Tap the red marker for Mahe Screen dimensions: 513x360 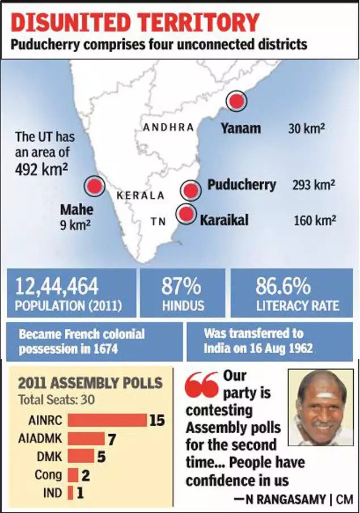(94, 186)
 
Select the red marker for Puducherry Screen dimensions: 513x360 (191, 190)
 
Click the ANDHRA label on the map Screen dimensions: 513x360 (168, 128)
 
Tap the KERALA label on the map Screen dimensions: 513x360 (140, 196)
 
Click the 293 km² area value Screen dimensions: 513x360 (314, 185)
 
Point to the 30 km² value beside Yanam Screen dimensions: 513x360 (306, 129)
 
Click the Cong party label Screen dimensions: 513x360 (48, 474)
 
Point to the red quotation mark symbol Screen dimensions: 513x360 (201, 387)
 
